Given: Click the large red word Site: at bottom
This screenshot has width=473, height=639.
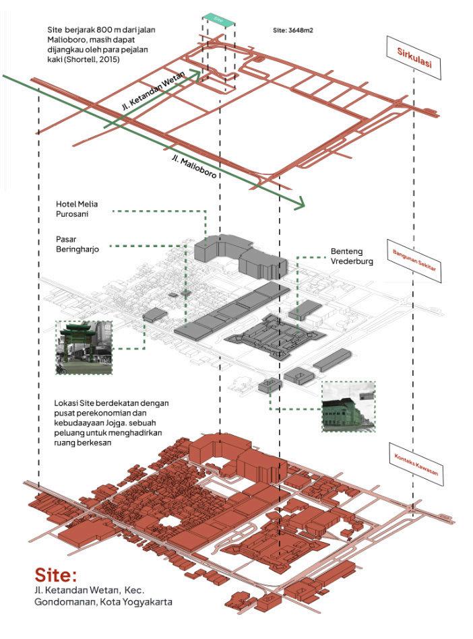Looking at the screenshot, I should pyautogui.click(x=57, y=576).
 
